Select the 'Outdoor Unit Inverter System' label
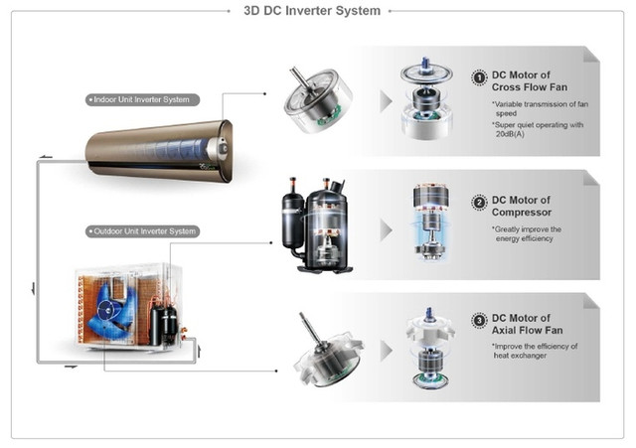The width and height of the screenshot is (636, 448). pyautogui.click(x=142, y=231)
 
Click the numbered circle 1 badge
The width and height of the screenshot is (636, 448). pyautogui.click(x=478, y=77)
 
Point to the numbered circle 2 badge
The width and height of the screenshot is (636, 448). pyautogui.click(x=479, y=203)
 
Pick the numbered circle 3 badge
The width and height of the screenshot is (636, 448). pyautogui.click(x=479, y=321)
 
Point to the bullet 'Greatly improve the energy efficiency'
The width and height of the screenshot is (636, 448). pyautogui.click(x=528, y=233)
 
